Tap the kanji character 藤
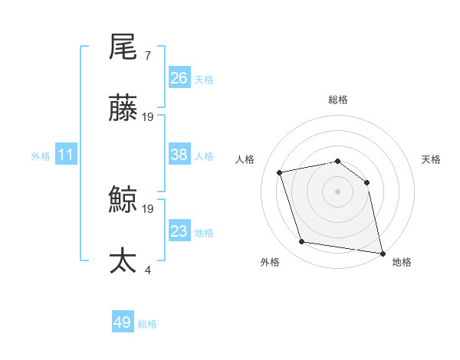point(123,108)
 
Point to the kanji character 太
point(123,261)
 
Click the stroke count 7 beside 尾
point(147,56)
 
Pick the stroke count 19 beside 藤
point(148,117)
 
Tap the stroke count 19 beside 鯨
point(148,208)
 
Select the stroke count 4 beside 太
point(147,270)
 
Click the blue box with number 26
point(179,78)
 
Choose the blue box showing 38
point(179,155)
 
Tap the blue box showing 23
point(179,231)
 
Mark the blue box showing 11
point(66,155)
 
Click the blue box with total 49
point(123,323)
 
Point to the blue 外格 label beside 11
point(41,155)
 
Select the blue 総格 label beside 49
point(148,324)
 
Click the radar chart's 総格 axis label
point(338,100)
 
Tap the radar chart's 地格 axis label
point(402,262)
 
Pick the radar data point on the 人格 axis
point(280,172)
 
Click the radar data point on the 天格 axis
point(366,182)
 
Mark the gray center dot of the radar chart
point(338,191)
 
